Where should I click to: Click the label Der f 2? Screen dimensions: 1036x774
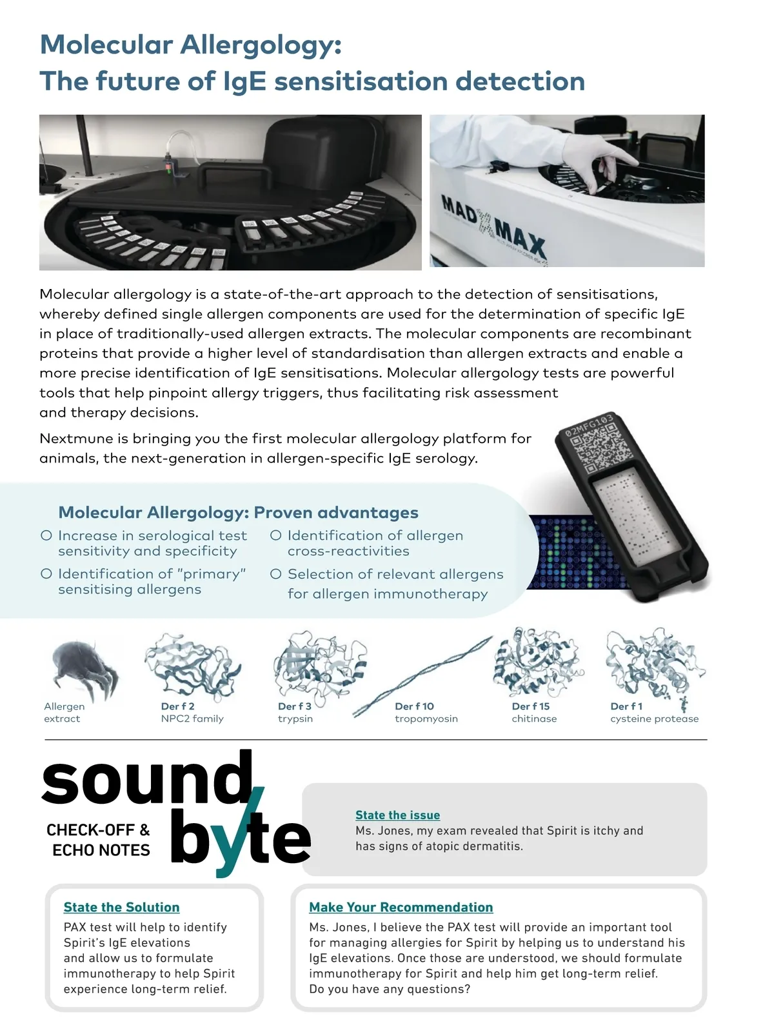177,706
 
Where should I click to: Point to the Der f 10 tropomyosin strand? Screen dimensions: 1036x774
422,675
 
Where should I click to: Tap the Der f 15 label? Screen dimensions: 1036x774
530,706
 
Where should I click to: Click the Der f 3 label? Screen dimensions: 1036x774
294,706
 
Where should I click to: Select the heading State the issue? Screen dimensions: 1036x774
397,815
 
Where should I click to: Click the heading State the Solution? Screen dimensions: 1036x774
121,907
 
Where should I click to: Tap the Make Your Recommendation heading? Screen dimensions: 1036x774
401,907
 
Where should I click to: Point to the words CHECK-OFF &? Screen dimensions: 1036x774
98,830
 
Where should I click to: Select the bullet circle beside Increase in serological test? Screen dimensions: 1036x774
46,535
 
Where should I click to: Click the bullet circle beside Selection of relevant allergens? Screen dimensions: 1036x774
276,574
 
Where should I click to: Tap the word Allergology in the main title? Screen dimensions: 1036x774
261,45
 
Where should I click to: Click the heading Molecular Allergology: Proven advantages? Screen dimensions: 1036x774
238,513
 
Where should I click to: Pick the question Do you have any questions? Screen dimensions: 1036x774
390,989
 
